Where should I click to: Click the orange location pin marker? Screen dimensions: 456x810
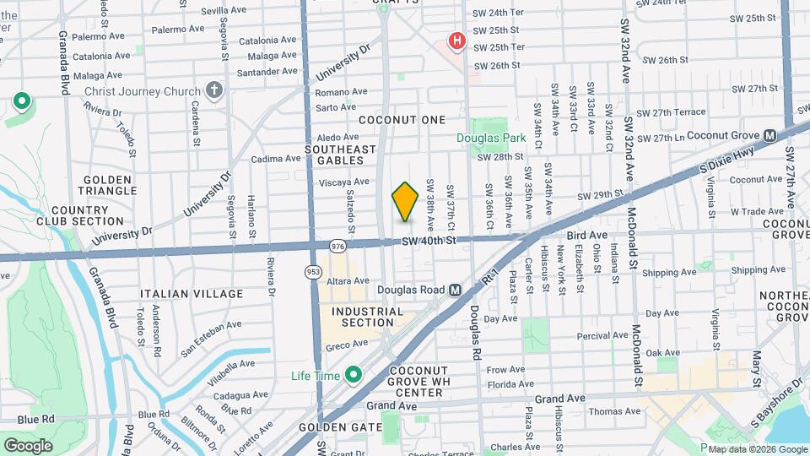[406, 201]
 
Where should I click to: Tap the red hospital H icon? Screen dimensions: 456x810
[457, 40]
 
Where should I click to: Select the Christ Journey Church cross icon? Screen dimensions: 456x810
[214, 91]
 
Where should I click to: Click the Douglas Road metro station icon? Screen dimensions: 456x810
[455, 289]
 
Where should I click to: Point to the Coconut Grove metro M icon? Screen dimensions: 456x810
[769, 135]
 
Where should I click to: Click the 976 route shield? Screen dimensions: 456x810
[337, 246]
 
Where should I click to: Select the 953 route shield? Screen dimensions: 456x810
[313, 270]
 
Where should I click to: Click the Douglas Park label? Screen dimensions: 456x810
[491, 138]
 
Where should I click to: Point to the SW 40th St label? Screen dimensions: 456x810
[429, 241]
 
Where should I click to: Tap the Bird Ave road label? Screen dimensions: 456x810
[587, 235]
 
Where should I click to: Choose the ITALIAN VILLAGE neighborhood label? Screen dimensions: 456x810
[192, 294]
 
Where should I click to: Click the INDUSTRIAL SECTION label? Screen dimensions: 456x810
[368, 317]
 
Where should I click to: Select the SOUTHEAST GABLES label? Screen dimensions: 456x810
[340, 155]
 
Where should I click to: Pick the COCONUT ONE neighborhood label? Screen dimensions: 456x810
[402, 120]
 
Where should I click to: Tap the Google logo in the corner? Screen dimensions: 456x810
[28, 445]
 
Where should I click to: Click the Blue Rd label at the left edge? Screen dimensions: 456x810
[35, 419]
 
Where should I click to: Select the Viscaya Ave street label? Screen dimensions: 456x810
[344, 182]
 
